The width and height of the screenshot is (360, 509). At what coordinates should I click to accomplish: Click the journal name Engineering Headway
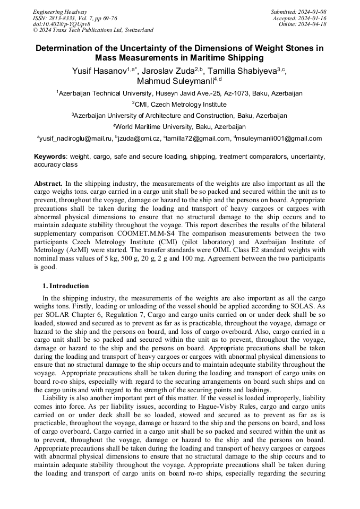60,12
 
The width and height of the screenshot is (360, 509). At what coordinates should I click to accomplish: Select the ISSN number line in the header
74,18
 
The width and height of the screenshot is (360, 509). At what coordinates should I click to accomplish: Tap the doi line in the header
62,24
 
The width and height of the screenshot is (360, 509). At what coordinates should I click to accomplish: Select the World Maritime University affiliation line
179,127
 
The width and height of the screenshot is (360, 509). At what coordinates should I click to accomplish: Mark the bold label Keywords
50,157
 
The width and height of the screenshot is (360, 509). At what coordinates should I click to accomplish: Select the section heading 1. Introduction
66,286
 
